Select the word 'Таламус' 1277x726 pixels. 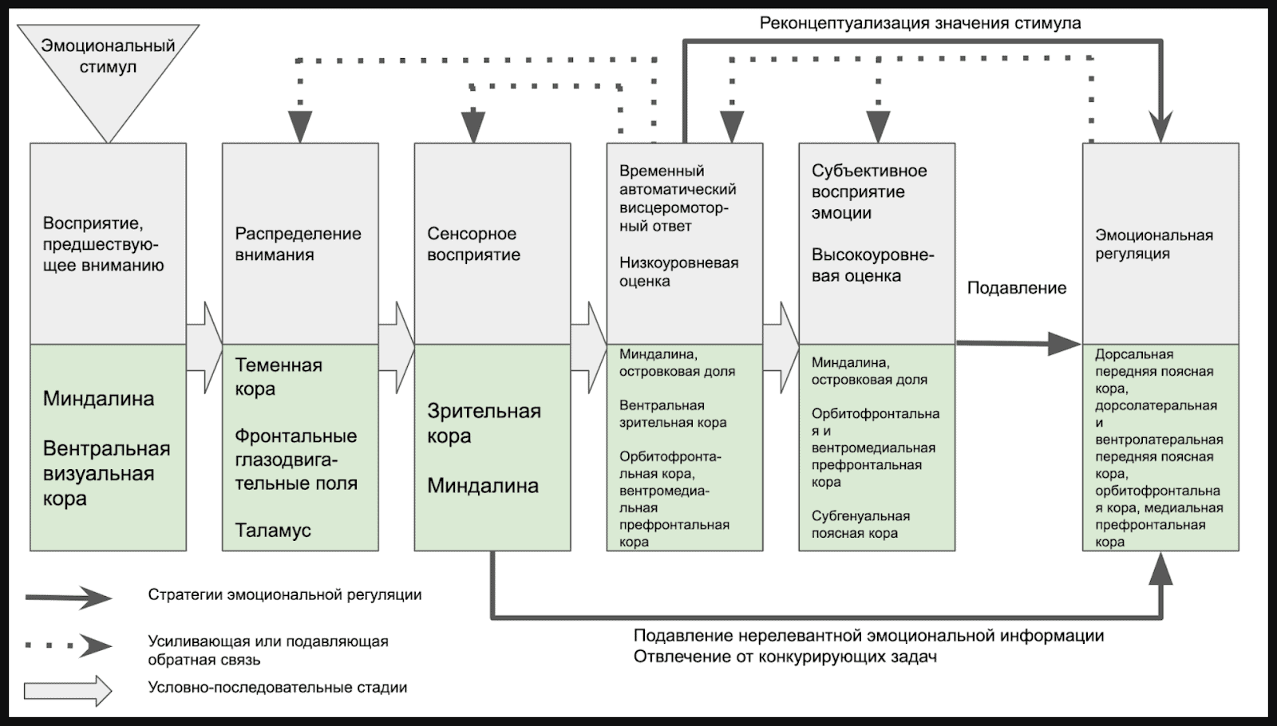click(273, 531)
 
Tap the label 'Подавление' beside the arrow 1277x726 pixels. click(1017, 288)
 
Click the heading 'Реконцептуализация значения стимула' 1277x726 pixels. click(920, 23)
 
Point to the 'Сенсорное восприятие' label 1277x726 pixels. click(473, 244)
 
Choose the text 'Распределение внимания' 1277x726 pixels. click(298, 244)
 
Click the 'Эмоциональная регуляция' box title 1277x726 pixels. click(1153, 244)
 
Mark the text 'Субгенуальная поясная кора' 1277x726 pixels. click(860, 525)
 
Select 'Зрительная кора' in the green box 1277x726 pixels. click(484, 424)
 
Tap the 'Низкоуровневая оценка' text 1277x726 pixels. click(678, 272)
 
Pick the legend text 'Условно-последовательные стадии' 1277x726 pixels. click(278, 688)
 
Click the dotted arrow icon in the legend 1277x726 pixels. click(69, 645)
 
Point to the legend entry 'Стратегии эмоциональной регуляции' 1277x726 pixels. click(285, 595)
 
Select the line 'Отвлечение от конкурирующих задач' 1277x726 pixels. click(785, 657)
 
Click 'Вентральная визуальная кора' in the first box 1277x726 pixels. click(106, 473)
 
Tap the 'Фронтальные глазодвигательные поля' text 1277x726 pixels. click(296, 460)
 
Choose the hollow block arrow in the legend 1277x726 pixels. click(69, 691)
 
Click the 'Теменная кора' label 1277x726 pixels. click(278, 377)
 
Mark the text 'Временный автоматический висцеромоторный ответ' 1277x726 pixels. click(677, 199)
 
